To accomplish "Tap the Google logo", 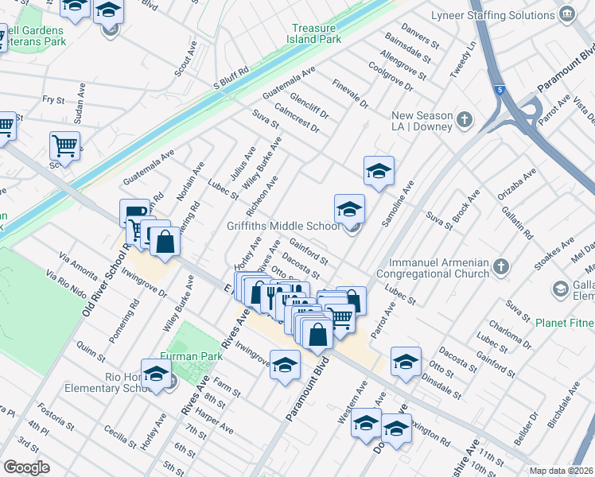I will pyautogui.click(x=26, y=467).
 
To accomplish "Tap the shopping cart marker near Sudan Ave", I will pyautogui.click(x=64, y=145).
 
